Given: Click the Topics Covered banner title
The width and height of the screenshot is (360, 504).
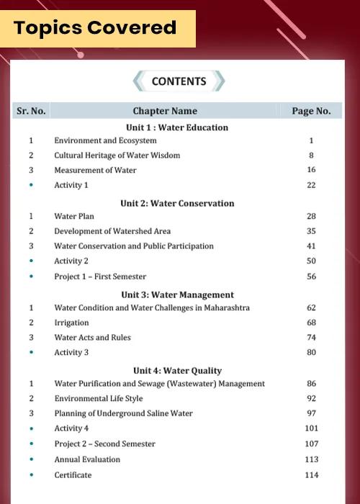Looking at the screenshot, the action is [95, 28].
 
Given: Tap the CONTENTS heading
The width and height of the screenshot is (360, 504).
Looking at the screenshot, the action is [179, 81].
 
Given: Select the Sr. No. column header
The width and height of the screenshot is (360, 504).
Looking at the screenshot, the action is [31, 111].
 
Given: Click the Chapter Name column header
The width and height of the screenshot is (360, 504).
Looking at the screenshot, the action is [165, 111].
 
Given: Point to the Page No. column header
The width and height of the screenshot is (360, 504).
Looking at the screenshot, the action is [311, 111].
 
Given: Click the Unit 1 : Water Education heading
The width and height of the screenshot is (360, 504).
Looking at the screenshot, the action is [177, 127].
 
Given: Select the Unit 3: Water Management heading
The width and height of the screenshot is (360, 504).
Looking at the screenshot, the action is [177, 294].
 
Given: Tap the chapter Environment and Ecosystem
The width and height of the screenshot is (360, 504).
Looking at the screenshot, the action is [105, 141].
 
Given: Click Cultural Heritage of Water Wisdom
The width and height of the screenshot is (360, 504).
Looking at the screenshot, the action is [117, 156].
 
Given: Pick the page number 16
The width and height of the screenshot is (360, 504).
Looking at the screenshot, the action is [311, 170].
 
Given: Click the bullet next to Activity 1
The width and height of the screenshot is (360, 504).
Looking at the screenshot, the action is [31, 185].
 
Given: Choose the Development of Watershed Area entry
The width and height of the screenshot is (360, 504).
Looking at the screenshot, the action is [112, 231].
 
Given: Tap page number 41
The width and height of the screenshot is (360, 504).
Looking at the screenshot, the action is [311, 246].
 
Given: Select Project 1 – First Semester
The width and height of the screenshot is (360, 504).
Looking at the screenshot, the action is [100, 276].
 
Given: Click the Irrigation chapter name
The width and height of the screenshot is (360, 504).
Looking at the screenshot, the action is [72, 323].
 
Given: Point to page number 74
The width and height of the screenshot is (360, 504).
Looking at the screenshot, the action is [311, 337].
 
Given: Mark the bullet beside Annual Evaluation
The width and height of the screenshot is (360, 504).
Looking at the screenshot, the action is [31, 459].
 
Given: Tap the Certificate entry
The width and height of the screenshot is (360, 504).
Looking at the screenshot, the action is [73, 475].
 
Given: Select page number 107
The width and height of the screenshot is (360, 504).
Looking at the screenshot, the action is [311, 444].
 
